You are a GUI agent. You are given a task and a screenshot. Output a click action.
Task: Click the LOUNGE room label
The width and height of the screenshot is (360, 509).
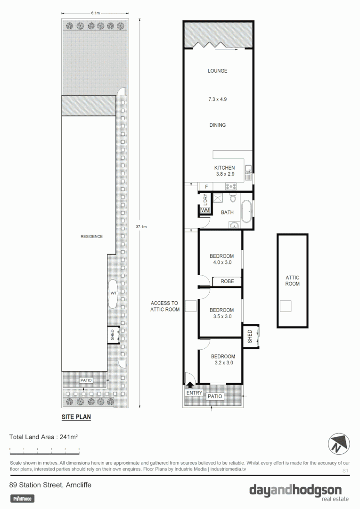click(217, 71)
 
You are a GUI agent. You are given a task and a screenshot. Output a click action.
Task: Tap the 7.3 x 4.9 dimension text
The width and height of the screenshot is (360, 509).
click(217, 99)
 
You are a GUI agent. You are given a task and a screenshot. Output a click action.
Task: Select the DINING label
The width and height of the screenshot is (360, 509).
click(217, 125)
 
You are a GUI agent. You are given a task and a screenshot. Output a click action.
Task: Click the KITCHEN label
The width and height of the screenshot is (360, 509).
click(224, 168)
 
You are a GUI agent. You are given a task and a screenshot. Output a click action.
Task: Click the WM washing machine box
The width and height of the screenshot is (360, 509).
click(205, 210)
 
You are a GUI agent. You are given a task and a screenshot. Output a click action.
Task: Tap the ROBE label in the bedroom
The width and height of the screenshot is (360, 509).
click(227, 281)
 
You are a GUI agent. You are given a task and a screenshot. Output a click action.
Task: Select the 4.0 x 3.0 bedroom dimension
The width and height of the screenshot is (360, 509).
click(221, 263)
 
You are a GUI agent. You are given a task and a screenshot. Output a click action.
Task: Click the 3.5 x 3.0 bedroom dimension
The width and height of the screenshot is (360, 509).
click(221, 317)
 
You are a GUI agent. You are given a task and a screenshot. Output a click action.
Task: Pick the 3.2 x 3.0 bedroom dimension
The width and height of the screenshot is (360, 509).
click(223, 363)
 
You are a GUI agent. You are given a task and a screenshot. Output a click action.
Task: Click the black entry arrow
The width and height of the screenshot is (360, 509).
click(190, 386)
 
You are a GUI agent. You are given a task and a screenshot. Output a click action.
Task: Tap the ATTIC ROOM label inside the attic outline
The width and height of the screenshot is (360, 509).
click(292, 281)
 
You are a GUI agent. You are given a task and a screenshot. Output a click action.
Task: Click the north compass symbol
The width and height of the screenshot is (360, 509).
click(339, 443)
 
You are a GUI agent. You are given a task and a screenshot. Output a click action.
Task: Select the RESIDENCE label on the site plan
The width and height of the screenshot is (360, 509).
click(91, 237)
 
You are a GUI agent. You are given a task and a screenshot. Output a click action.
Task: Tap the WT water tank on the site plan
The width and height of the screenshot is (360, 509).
click(114, 293)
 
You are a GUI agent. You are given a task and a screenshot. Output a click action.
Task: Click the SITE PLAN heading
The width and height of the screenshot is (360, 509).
click(76, 417)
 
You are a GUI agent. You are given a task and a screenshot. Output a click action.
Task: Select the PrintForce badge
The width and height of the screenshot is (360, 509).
click(23, 498)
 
